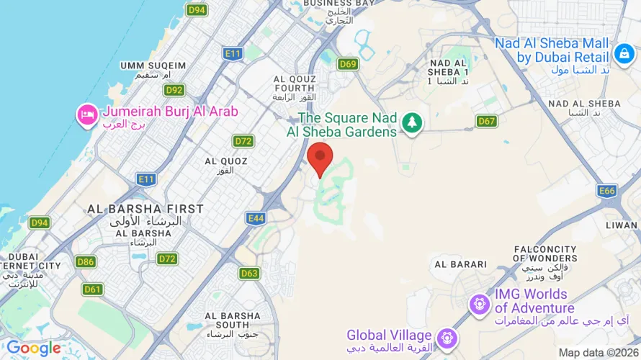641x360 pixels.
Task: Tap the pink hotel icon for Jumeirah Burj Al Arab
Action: [87, 115]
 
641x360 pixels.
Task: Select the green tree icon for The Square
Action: [412, 122]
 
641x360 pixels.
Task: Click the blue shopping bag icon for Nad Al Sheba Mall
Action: [624, 53]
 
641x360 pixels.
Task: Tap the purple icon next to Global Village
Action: [447, 337]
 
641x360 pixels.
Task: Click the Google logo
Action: [34, 349]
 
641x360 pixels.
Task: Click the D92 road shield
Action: [174, 90]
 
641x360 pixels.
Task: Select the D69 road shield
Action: [348, 64]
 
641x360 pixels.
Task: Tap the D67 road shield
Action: [487, 121]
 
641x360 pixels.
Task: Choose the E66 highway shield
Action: [607, 191]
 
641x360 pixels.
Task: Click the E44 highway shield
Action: [255, 217]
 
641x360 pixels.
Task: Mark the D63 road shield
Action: [249, 273]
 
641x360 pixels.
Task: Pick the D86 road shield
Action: [86, 261]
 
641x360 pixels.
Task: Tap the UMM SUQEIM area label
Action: [153, 66]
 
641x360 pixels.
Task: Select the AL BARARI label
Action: [461, 264]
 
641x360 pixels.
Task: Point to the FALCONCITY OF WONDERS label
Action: [545, 253]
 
